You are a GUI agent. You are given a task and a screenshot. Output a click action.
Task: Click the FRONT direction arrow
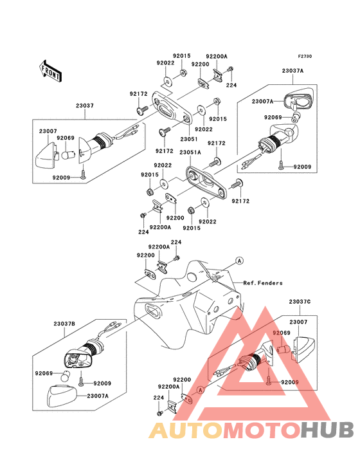coord(50,71)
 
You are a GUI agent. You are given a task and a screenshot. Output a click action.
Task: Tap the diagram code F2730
coord(305,56)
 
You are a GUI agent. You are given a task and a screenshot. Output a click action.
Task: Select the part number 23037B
coord(64,324)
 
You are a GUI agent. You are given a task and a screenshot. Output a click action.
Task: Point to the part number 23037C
coord(300,301)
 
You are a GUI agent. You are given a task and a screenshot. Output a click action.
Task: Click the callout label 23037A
coord(292,71)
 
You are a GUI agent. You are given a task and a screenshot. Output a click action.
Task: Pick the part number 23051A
coord(190,152)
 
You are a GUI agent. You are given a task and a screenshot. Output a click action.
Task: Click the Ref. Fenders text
coord(263,282)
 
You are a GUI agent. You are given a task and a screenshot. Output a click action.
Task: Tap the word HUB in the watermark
coord(327,430)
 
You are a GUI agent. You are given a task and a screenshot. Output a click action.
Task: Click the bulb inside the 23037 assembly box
coord(67,155)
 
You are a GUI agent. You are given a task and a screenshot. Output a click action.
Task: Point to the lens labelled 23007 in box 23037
coord(46,155)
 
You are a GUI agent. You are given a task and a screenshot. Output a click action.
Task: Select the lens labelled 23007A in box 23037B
coord(62,395)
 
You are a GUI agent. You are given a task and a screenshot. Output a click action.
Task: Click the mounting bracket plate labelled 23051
coord(172,108)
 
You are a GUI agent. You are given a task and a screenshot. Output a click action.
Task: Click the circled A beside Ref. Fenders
coord(239,261)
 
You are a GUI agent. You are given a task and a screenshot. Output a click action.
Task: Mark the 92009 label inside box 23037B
coord(102,383)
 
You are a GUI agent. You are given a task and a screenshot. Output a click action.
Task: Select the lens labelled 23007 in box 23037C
coord(303,349)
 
